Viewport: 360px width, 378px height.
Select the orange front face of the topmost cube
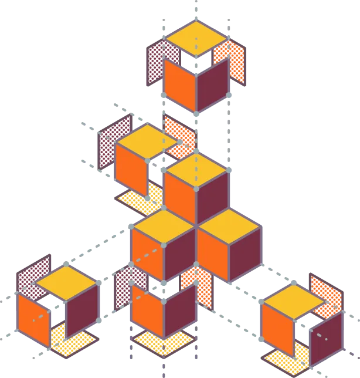point(178,82)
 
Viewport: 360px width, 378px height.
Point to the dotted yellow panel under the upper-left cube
point(141,200)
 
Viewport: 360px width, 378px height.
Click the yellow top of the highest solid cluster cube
point(196,168)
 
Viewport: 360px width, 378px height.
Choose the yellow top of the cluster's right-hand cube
point(229,225)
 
